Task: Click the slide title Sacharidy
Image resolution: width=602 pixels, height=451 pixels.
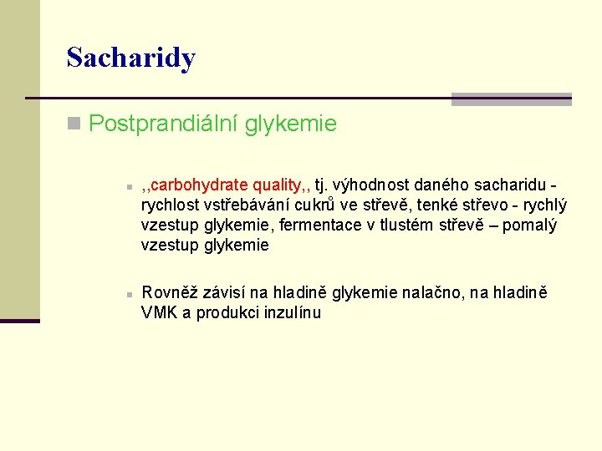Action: (x=130, y=58)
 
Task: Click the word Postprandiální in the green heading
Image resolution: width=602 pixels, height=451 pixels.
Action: (x=163, y=124)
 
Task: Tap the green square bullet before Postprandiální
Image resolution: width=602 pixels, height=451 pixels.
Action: (x=74, y=125)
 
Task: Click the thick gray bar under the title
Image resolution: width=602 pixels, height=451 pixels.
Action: (x=511, y=99)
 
